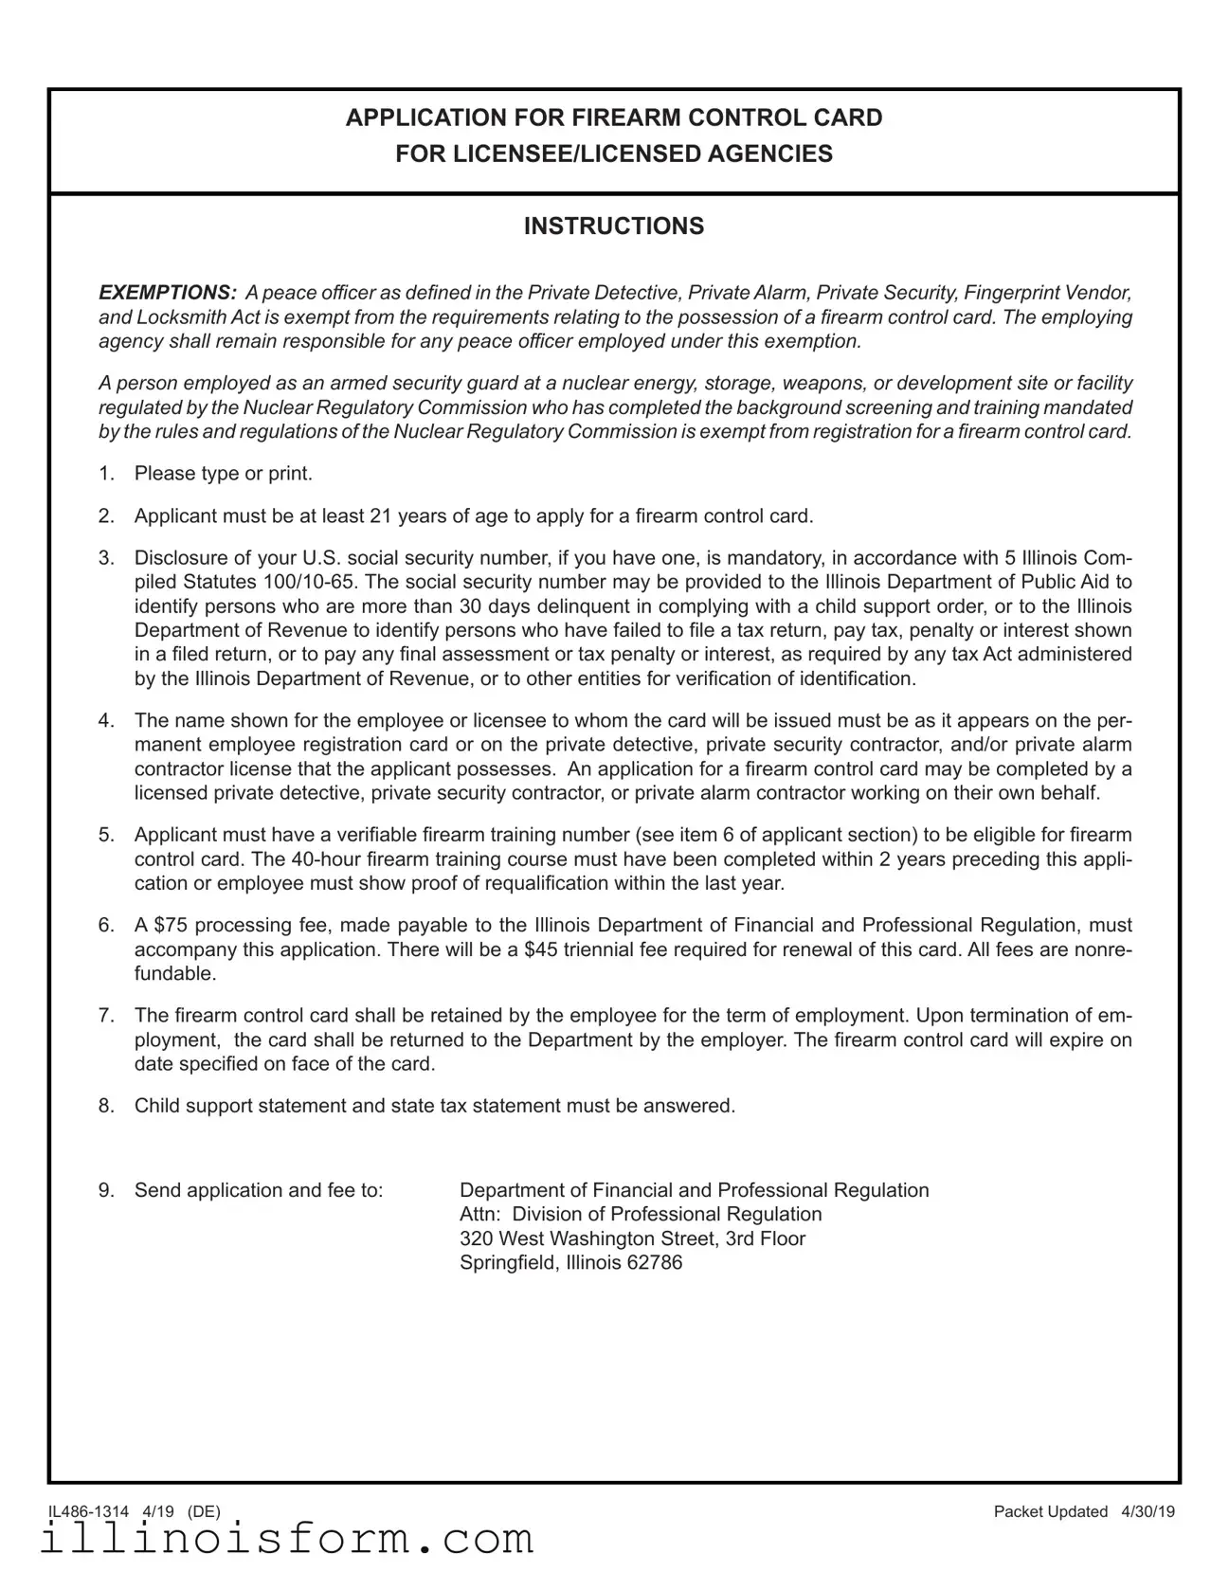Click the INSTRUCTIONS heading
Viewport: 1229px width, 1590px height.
point(614,226)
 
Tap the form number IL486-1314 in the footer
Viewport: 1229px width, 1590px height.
point(88,1511)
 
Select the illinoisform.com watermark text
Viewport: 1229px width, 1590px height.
point(287,1540)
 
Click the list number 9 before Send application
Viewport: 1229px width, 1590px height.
point(106,1190)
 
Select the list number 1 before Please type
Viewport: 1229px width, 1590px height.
point(106,474)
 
